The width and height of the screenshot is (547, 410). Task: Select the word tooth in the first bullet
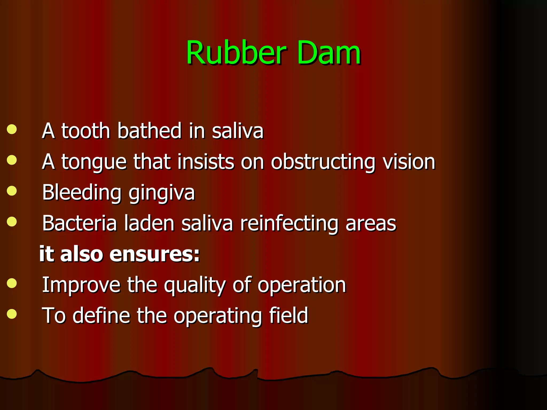click(86, 131)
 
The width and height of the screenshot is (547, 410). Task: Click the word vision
click(409, 162)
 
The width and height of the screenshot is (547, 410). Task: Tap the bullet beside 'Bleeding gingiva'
click(12, 191)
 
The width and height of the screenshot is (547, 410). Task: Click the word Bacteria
click(80, 223)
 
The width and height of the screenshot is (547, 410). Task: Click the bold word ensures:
click(155, 254)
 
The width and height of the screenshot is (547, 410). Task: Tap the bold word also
click(81, 254)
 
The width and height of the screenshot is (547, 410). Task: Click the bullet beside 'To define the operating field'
click(12, 314)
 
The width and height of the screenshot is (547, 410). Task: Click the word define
click(101, 316)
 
